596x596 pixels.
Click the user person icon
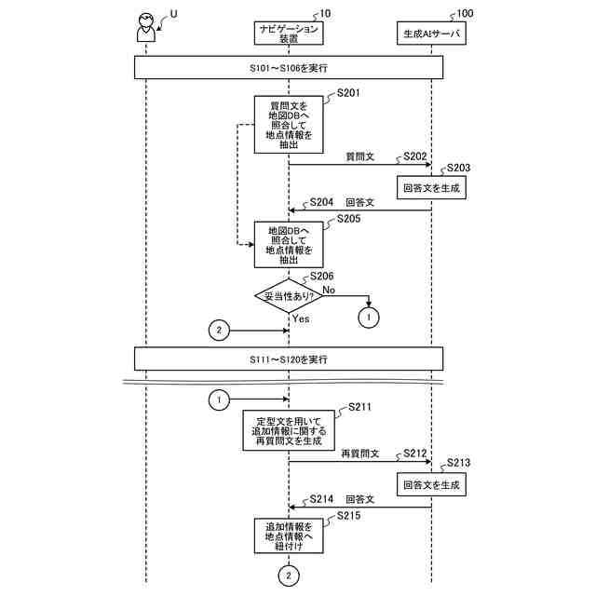coord(145,29)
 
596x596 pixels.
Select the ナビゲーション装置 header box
coord(289,34)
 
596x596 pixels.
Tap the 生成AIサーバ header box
coord(430,34)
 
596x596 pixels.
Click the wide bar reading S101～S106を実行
coord(289,68)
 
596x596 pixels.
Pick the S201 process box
coord(289,123)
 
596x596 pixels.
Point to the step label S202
coord(414,156)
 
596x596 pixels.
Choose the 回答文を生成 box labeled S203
coord(430,186)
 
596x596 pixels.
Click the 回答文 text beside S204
coord(359,201)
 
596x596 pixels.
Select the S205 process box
coord(289,244)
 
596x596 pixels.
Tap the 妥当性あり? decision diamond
coord(289,296)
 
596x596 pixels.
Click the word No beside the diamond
coord(329,291)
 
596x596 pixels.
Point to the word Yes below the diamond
coord(301,318)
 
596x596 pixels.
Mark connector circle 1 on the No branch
coord(370,318)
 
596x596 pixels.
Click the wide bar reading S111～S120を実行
coord(289,359)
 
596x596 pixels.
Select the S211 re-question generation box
coord(289,431)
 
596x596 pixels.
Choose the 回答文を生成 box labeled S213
coord(430,484)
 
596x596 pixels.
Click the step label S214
coord(322,499)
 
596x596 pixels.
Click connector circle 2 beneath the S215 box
coord(289,577)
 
